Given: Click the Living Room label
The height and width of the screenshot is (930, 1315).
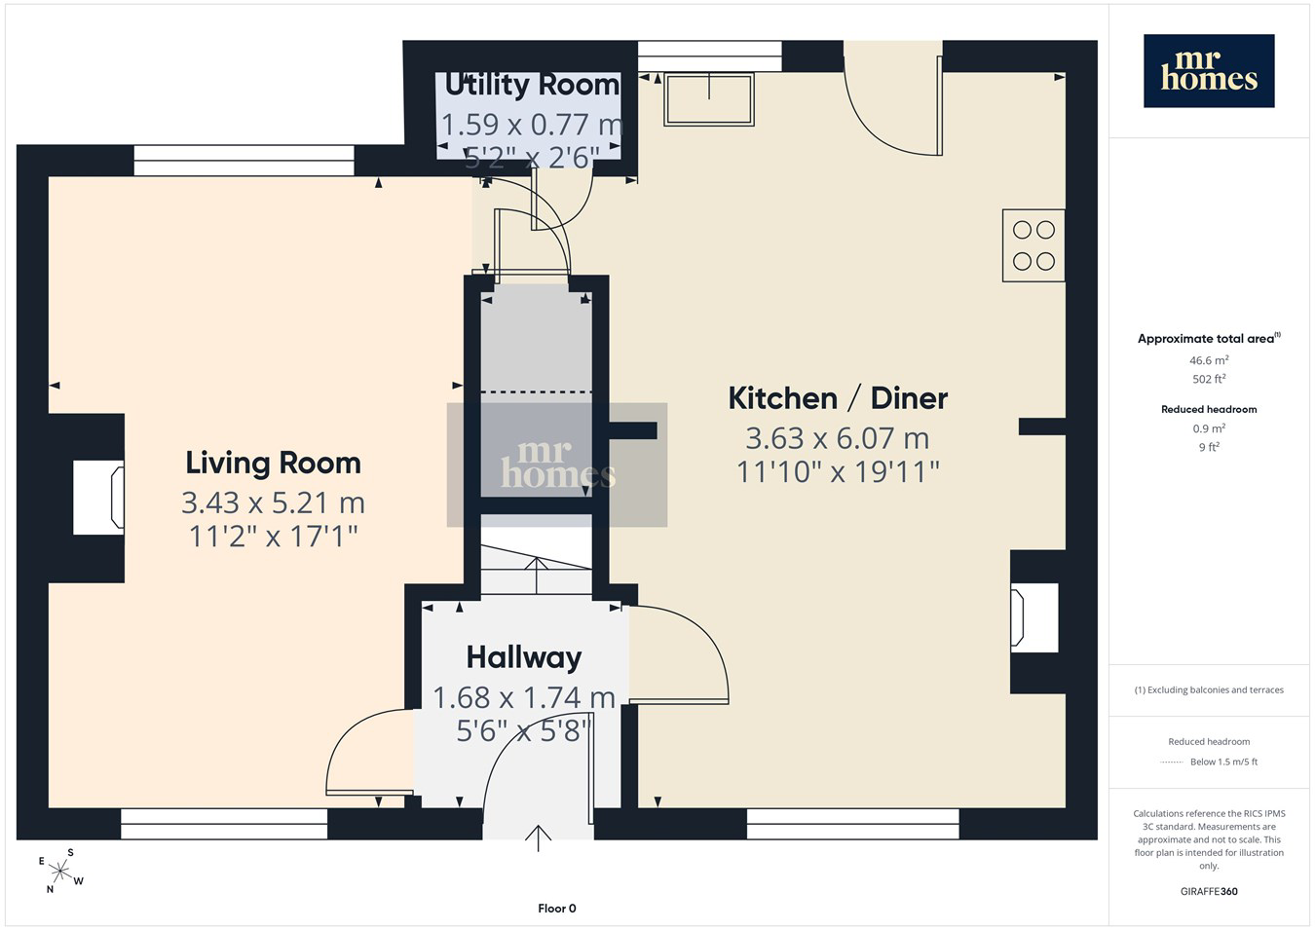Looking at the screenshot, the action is coord(273,463).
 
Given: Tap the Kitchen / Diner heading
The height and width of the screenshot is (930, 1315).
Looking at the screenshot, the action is coord(838,398).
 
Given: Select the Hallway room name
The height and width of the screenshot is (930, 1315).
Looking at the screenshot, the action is coord(524,657).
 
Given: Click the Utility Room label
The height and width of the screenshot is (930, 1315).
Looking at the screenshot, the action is coord(532,85).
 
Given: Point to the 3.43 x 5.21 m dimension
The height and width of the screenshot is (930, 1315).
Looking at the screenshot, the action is coord(273,502).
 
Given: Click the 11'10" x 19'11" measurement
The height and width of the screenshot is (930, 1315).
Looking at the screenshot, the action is coord(838,471).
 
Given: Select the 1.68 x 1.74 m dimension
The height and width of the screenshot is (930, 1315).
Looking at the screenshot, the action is coord(524,697).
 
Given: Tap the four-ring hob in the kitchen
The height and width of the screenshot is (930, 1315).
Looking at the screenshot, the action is coord(1033,245).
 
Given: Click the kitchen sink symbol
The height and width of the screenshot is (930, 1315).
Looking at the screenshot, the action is coord(709,99).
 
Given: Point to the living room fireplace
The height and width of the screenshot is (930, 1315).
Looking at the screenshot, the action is coord(98,498).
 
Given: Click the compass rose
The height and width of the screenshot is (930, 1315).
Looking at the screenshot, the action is coord(60,872).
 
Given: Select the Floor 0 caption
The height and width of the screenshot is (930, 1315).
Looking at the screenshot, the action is coord(556,909).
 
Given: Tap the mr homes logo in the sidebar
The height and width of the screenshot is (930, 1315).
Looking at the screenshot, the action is coord(1209,71).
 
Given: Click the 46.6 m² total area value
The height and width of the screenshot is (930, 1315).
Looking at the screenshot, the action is coord(1209,359).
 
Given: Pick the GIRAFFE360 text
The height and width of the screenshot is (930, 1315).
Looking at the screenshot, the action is coord(1209,891).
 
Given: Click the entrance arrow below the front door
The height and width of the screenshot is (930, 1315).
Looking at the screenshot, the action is coord(538,838).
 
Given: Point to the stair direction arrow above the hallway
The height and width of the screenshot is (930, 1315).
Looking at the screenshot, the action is coord(537,577).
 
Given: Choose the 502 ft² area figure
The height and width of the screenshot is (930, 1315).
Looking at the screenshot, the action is coord(1209,379).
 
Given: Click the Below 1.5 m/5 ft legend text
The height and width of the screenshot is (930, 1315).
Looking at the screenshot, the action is coord(1223,762).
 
